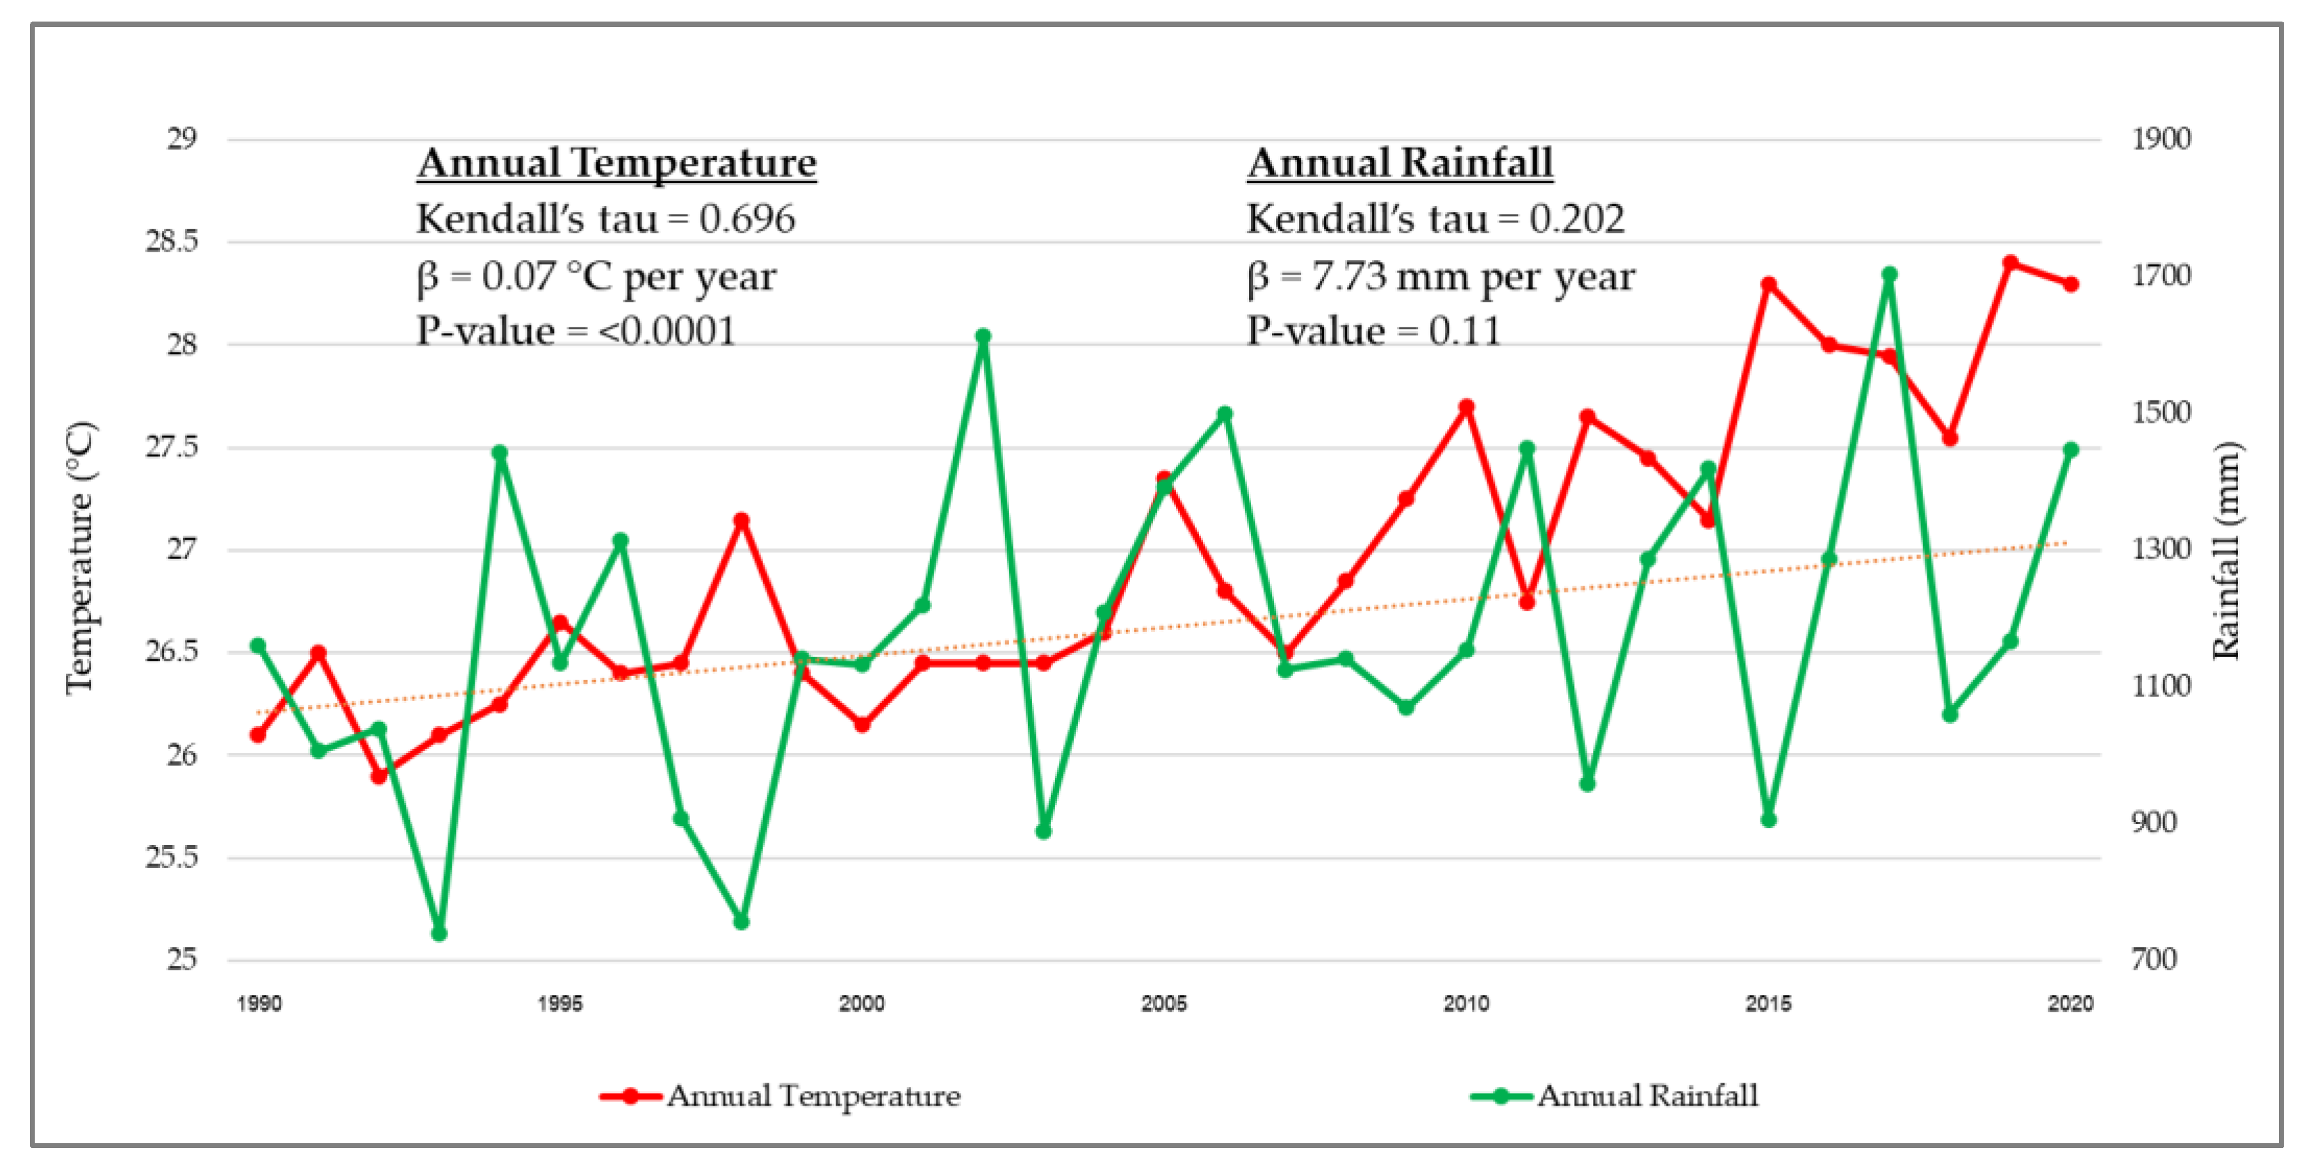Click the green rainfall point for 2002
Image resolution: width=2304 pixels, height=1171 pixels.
click(983, 337)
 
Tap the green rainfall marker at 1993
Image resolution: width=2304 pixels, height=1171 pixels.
click(439, 933)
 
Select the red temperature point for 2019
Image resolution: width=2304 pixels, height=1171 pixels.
click(2011, 263)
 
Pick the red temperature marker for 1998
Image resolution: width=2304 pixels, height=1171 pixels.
click(742, 521)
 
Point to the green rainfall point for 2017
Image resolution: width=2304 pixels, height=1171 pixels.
click(1890, 275)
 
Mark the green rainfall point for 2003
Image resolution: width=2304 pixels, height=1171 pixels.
click(1044, 831)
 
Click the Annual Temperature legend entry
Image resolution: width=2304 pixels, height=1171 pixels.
click(780, 1096)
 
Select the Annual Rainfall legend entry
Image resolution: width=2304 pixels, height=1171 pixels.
click(1615, 1096)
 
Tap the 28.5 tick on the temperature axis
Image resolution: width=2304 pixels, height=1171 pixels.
click(172, 241)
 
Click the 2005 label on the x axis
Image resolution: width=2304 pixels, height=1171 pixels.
click(1163, 1003)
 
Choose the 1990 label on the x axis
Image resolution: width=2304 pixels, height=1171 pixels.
click(259, 1003)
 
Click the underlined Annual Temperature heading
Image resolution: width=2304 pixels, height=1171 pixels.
click(616, 163)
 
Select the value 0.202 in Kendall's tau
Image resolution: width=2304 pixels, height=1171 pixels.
click(1577, 219)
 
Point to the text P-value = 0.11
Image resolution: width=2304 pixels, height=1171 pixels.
click(1373, 332)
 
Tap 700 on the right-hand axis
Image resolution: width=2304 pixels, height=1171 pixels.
click(2154, 960)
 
